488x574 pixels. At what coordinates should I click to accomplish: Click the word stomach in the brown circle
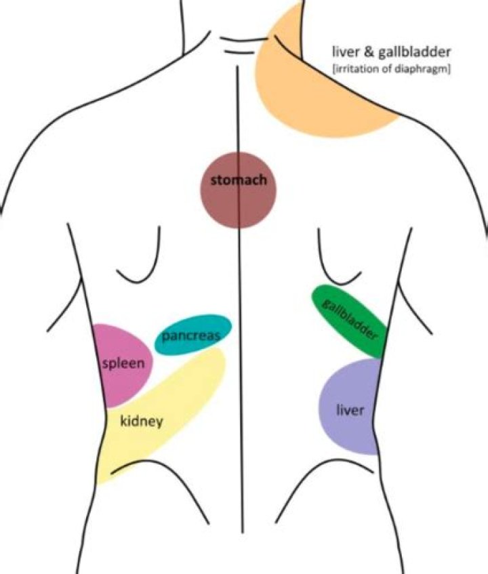[238, 181]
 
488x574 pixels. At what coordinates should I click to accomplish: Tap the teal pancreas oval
[193, 333]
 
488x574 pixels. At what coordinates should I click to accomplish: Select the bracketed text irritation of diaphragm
[391, 68]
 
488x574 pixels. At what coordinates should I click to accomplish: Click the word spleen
[123, 364]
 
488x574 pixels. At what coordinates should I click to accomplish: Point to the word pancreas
[190, 335]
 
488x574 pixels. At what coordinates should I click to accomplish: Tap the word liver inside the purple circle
[350, 411]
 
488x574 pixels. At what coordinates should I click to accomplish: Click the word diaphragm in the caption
[424, 68]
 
